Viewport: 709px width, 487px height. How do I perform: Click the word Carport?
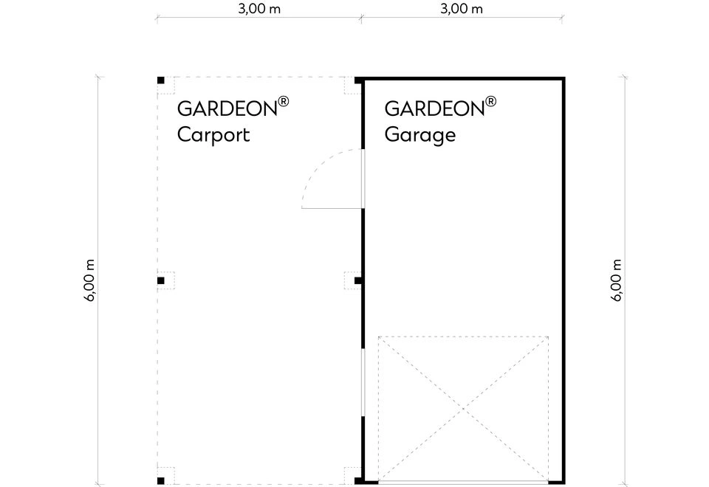click(213, 134)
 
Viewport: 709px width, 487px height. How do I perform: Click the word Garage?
click(420, 135)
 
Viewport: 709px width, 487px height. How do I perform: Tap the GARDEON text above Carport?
click(227, 108)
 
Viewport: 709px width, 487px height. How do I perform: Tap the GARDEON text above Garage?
click(434, 108)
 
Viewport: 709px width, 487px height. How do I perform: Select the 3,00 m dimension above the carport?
click(259, 9)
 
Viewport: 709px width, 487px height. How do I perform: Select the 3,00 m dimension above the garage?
click(462, 9)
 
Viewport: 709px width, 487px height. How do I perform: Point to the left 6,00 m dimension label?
click(89, 280)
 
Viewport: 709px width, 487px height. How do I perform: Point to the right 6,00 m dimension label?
click(617, 280)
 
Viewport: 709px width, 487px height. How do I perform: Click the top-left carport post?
click(160, 80)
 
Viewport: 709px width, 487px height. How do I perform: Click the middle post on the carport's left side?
click(160, 280)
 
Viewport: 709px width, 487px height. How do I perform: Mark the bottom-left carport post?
click(160, 480)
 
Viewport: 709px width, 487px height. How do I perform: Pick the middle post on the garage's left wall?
click(357, 280)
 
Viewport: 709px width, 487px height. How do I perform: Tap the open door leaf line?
click(332, 208)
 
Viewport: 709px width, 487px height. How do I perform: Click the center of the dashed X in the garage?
click(464, 409)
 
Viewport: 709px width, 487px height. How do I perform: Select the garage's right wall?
click(564, 280)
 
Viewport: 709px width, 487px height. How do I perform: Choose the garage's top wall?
click(464, 79)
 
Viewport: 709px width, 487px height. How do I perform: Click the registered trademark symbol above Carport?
click(284, 101)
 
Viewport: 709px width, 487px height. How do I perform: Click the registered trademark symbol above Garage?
click(490, 101)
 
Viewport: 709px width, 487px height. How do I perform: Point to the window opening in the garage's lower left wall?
click(363, 382)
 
